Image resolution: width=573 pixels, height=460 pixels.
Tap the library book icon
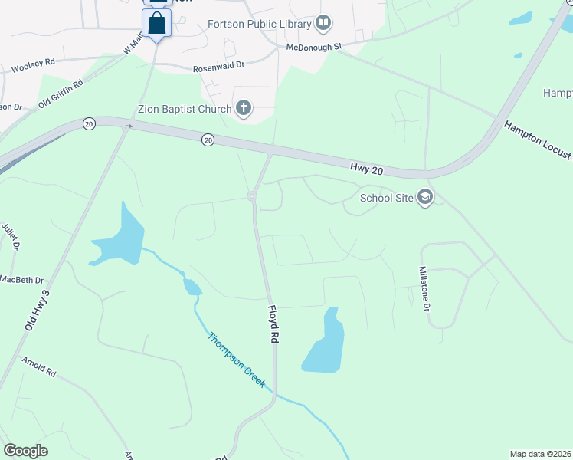click(x=324, y=24)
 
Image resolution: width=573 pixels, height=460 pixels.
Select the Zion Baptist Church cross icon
click(x=244, y=108)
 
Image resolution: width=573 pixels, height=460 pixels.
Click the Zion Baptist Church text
click(x=184, y=109)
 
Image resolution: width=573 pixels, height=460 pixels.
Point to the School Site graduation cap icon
click(x=425, y=198)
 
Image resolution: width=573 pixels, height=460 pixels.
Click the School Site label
click(x=386, y=199)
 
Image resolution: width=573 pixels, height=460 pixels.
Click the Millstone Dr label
click(x=424, y=289)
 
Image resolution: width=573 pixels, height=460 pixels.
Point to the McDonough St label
click(x=313, y=47)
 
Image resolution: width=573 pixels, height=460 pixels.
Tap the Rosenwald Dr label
click(x=218, y=67)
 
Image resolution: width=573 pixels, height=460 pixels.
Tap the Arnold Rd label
click(x=39, y=366)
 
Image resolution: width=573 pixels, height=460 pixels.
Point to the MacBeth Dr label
click(x=21, y=281)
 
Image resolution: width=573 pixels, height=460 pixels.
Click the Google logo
click(x=25, y=450)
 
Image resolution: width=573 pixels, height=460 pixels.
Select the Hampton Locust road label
click(x=537, y=140)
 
